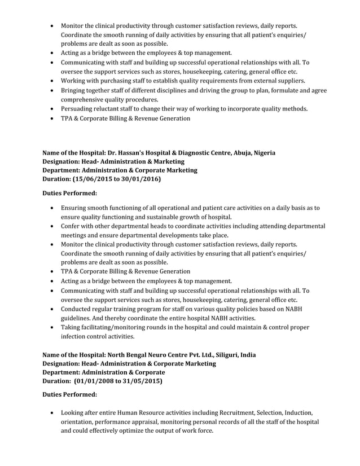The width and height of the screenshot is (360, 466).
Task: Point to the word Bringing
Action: (74, 90)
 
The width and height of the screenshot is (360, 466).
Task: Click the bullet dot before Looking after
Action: (52, 413)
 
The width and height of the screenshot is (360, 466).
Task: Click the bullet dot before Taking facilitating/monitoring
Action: (52, 328)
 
